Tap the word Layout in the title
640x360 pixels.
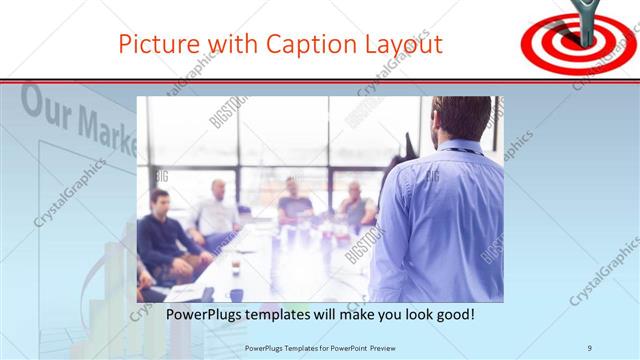coord(402,44)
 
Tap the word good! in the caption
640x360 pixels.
coord(452,315)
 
